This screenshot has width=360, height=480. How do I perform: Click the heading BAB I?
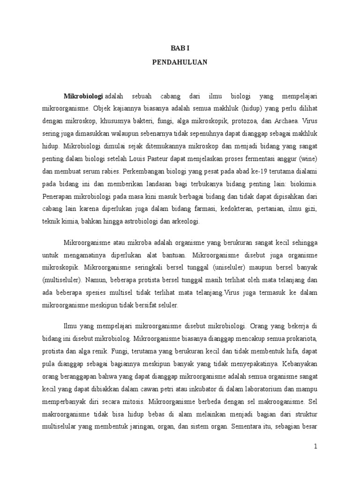180,48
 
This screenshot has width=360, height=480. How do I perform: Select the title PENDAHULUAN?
180,61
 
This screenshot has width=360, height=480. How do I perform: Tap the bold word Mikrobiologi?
83,96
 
